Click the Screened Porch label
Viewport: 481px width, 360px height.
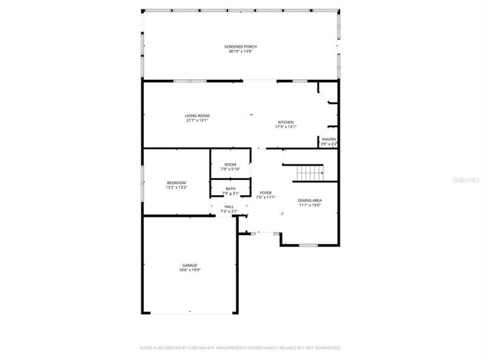point(240,46)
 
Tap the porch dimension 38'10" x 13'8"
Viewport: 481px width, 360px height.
point(240,51)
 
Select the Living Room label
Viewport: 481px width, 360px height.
point(196,116)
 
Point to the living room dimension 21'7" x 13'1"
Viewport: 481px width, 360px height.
point(196,121)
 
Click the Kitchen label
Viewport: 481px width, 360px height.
point(285,122)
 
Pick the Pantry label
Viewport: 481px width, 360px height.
point(329,139)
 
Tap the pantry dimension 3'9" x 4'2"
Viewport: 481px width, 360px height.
point(329,144)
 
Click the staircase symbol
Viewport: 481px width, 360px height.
point(310,173)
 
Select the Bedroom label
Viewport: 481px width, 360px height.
point(177,182)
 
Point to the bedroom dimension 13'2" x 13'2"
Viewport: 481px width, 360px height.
point(177,187)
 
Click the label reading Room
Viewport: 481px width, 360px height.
point(231,164)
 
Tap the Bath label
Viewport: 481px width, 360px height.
point(231,189)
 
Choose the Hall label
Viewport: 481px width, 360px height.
point(229,207)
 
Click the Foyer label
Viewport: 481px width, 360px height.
point(266,193)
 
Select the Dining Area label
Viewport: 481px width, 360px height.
point(310,200)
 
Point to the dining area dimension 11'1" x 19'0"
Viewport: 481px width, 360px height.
point(310,205)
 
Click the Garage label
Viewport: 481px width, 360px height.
point(190,265)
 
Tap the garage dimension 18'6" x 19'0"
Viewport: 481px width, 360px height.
point(190,270)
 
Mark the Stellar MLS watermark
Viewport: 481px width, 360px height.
point(467,180)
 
